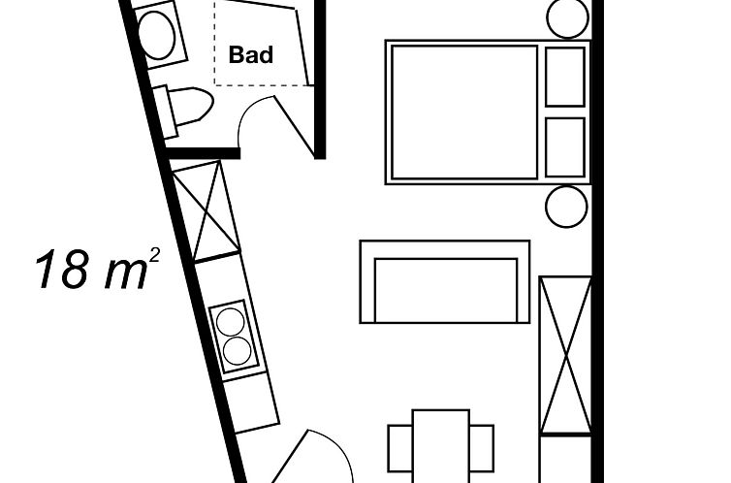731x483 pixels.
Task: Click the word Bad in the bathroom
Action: coord(251,55)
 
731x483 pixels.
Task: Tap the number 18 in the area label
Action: coord(62,270)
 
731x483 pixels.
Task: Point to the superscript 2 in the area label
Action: coord(155,255)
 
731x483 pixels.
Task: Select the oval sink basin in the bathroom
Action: coord(157,36)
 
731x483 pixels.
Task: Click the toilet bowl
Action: coord(190,106)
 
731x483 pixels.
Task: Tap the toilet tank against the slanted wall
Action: coord(165,112)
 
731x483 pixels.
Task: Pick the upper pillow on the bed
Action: coord(564,77)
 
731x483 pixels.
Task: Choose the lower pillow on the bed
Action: coord(564,147)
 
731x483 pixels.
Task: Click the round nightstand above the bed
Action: coord(567,17)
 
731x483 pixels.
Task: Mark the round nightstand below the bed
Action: coord(566,207)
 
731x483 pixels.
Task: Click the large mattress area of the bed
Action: coord(464,112)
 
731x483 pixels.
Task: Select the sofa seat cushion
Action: coord(446,290)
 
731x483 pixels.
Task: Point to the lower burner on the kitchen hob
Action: coord(238,351)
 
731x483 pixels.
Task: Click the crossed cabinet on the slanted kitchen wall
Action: coord(206,210)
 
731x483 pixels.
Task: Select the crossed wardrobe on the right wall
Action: coord(565,355)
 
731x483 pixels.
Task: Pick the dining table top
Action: coord(440,446)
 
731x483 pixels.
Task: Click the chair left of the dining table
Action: coord(400,448)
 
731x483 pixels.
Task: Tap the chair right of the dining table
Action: coord(481,448)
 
